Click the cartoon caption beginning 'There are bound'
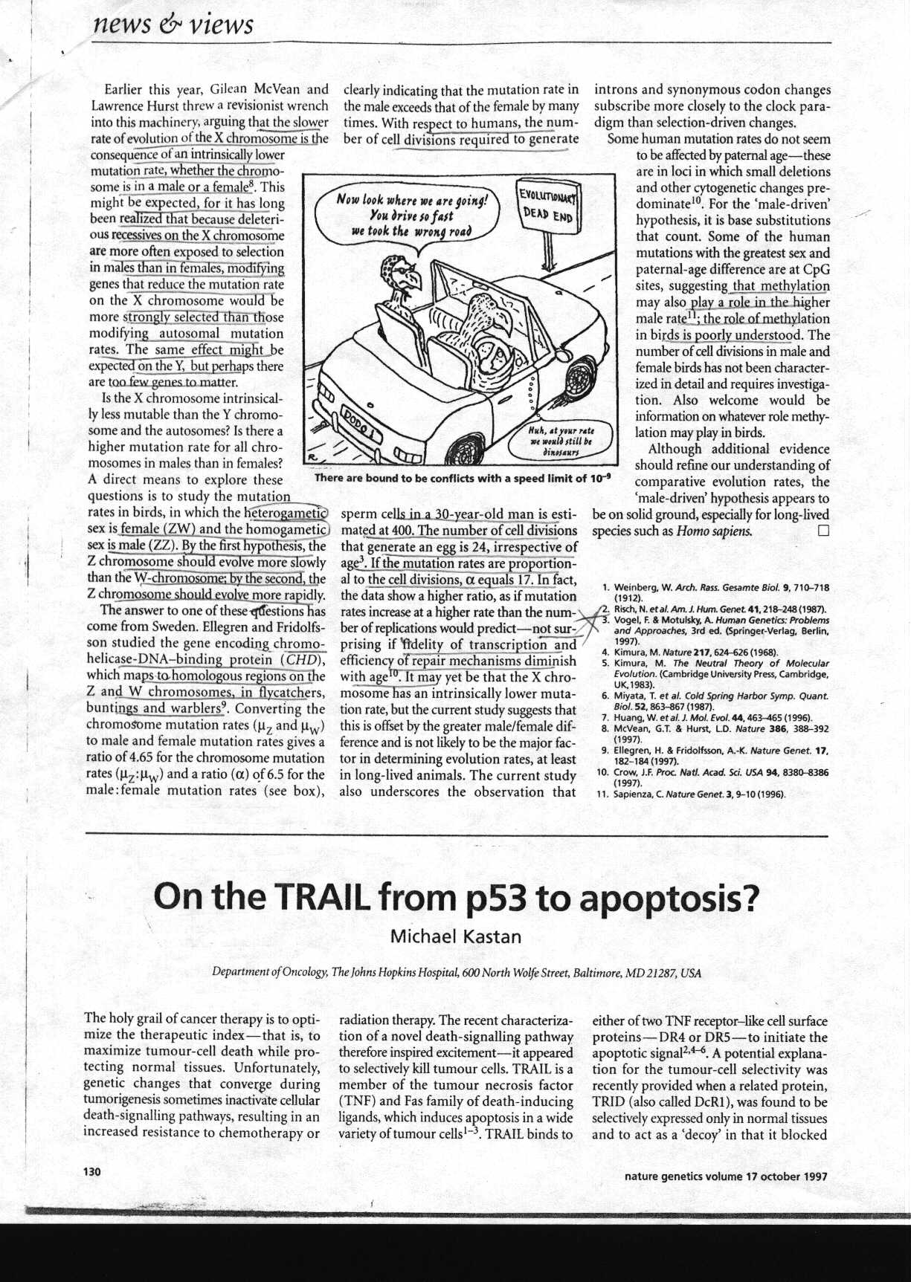click(x=462, y=478)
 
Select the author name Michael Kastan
click(x=455, y=936)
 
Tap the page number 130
click(x=91, y=1172)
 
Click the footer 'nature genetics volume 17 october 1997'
click(x=725, y=1176)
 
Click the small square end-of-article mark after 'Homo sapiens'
click(x=823, y=531)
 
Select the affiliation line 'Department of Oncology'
click(x=456, y=972)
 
